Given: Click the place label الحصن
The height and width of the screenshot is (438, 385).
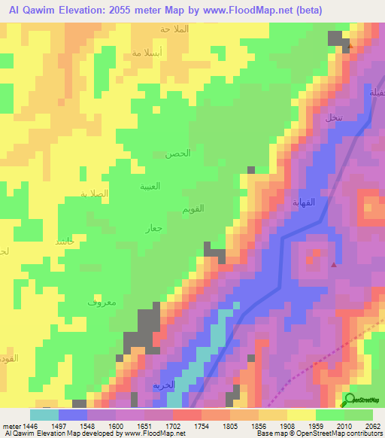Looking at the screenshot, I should pos(177,154).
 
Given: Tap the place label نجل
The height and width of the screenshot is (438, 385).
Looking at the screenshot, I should pos(333,118).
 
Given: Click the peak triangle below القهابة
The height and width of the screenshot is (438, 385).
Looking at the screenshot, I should pos(334,263).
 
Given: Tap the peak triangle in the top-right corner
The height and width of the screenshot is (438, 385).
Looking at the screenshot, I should pos(350,46).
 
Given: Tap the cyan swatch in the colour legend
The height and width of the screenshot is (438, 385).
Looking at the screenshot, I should pos(44,415).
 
